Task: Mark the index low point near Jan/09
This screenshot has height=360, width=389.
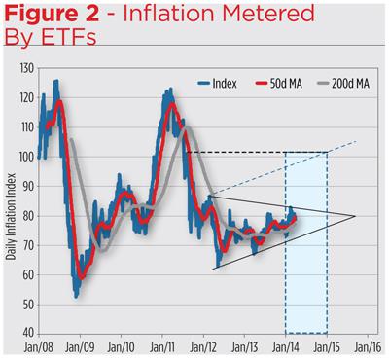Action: click(77, 295)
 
